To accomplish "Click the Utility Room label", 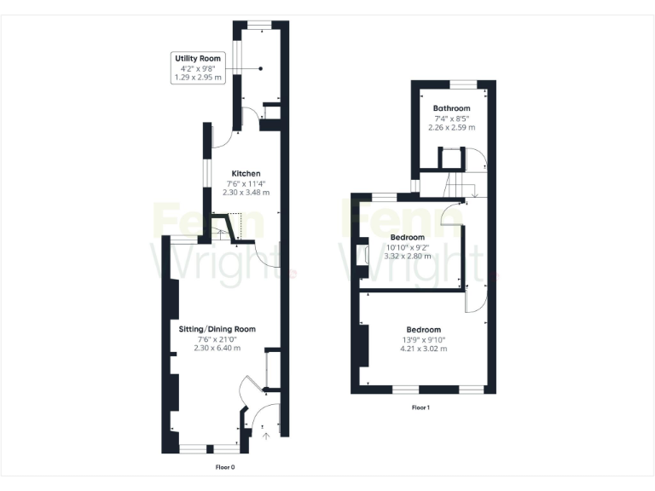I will [198, 59].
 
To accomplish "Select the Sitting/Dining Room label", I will [217, 329].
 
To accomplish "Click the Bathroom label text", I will [451, 108].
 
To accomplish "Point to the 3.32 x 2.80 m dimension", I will [407, 256].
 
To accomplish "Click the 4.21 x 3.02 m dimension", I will [423, 349].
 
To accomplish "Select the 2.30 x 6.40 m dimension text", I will [217, 348].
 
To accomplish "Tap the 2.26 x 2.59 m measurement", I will [451, 128].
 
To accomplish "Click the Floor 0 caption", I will [224, 467].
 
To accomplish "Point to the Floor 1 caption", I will [420, 407].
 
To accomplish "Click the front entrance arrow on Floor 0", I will [265, 435].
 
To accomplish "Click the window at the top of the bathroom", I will [463, 84].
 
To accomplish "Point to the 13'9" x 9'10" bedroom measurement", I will [423, 339].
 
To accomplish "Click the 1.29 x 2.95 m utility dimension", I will [198, 78].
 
